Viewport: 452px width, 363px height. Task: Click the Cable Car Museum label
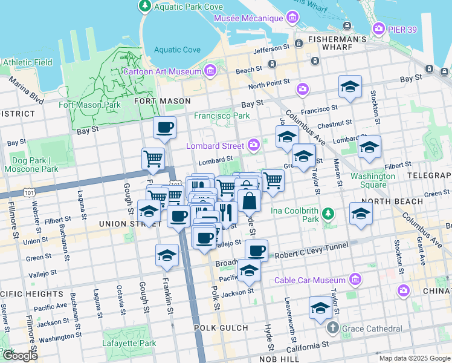click(309, 280)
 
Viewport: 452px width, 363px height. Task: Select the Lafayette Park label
click(131, 343)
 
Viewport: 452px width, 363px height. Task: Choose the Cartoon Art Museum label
click(162, 72)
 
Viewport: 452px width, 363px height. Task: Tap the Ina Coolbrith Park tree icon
click(327, 213)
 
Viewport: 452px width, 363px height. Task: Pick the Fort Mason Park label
click(89, 105)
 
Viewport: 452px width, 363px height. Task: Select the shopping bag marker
click(249, 200)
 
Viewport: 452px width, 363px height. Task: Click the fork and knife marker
click(225, 212)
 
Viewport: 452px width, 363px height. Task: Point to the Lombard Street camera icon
click(254, 145)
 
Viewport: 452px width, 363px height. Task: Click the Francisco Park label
click(221, 116)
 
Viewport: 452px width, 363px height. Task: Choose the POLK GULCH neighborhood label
click(221, 327)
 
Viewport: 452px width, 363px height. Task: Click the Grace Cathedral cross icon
click(332, 328)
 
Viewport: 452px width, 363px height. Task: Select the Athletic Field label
click(28, 62)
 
